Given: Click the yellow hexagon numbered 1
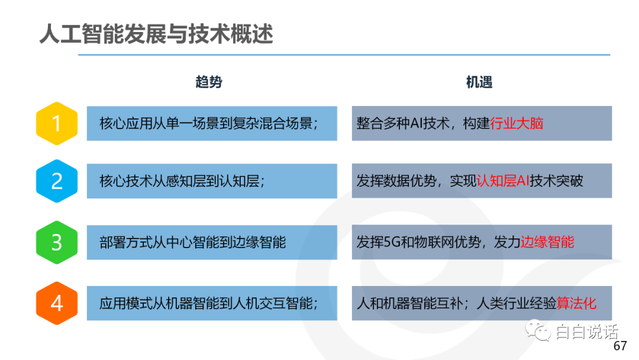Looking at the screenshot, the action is tap(57, 123).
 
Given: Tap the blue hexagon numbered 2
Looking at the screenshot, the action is tap(57, 181).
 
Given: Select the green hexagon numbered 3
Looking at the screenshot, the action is tap(57, 242).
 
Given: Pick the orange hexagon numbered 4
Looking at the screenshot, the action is tap(57, 303).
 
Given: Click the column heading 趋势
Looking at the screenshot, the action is tap(209, 82).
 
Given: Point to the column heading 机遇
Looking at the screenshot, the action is tap(479, 82).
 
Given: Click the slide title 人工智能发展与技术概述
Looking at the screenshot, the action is tap(156, 33).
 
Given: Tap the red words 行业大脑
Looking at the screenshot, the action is tap(517, 123).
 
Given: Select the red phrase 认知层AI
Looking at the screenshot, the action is tap(502, 181).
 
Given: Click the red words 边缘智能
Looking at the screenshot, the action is tap(547, 242).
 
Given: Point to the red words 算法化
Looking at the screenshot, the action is tap(576, 303).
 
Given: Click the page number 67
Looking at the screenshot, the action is tap(620, 346).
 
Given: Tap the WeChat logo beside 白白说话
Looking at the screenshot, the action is tap(538, 331).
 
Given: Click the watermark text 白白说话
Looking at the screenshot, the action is tap(587, 332).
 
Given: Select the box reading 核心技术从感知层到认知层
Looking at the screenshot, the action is tap(212, 181).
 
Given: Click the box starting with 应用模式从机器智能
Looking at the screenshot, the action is tap(212, 303).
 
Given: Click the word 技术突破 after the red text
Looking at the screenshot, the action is tap(556, 181).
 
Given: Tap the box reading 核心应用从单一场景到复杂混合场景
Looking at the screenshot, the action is tap(212, 124).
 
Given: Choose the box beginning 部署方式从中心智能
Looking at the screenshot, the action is tap(212, 242).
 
